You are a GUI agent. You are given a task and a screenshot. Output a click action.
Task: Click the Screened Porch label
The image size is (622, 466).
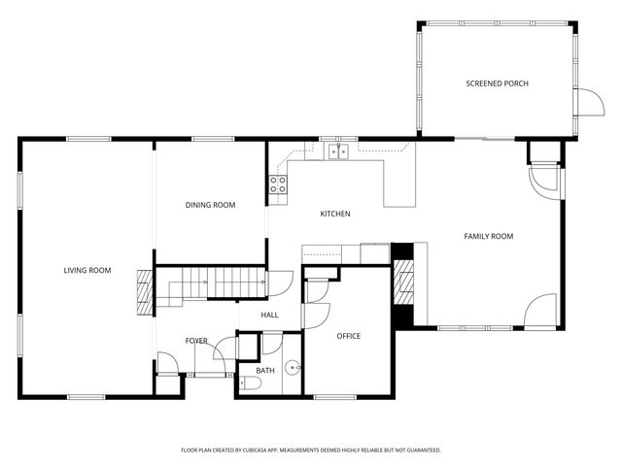tap(497, 84)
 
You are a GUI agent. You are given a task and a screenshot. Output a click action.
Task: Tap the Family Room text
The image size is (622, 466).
tap(488, 236)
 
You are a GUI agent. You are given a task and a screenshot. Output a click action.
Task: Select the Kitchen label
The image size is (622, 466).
tap(335, 214)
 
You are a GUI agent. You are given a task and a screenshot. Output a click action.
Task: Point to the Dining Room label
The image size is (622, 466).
tap(211, 205)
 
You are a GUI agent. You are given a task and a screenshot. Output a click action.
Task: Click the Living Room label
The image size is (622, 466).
tap(87, 270)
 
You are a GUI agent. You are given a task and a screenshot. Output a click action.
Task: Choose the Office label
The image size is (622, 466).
tap(348, 336)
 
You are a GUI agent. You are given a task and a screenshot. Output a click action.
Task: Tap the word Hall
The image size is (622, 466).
tap(270, 315)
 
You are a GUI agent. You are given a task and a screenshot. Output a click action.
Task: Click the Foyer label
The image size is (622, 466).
tap(196, 341)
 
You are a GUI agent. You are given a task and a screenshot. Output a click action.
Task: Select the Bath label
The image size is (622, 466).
tap(265, 370)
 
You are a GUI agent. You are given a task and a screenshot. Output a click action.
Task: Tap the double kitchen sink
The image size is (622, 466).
tap(338, 151)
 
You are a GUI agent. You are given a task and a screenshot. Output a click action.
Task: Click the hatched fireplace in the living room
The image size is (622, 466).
tap(144, 292)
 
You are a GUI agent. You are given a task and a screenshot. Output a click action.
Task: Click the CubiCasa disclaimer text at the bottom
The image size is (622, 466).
tap(311, 450)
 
